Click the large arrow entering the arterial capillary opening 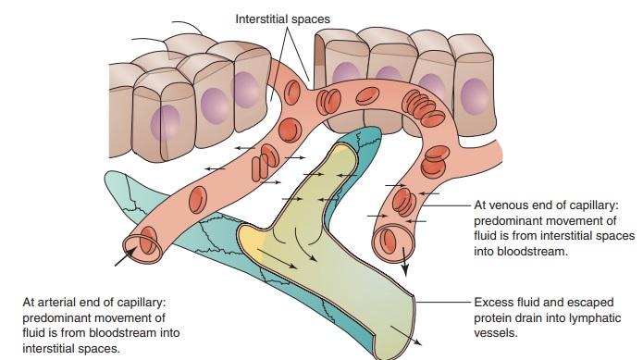coord(124,256)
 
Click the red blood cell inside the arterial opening coord(149,239)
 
